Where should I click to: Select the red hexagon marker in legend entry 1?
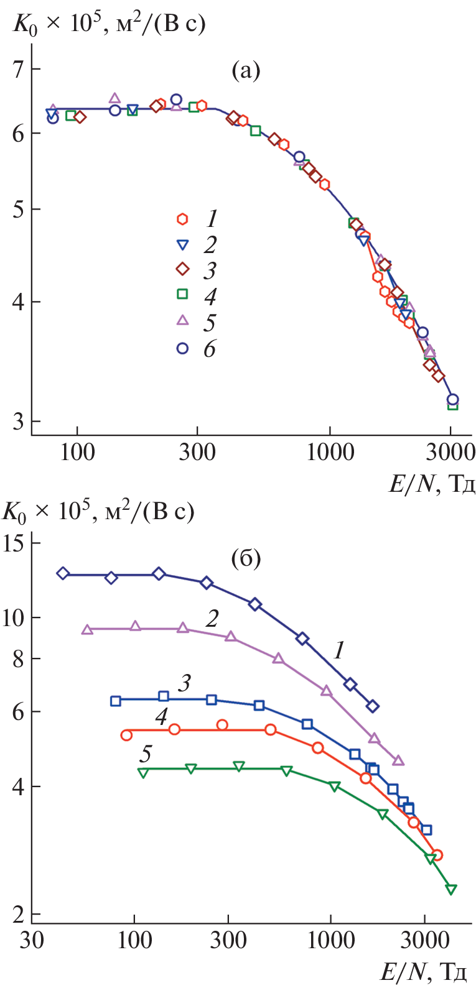[x=182, y=219]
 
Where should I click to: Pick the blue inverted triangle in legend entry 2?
[x=182, y=245]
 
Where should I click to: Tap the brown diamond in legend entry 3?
[x=182, y=269]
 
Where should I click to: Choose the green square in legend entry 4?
[x=182, y=294]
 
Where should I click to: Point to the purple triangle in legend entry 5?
[x=182, y=320]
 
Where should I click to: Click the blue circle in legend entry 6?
[x=182, y=348]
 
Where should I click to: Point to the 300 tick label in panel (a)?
[x=197, y=452]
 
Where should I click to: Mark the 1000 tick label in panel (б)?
[x=330, y=940]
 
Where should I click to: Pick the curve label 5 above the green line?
[x=145, y=754]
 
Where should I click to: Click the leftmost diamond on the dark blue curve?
[x=63, y=573]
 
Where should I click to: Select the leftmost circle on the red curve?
[x=126, y=735]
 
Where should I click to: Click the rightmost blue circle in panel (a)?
[x=452, y=400]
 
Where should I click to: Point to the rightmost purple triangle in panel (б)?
[x=398, y=760]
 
